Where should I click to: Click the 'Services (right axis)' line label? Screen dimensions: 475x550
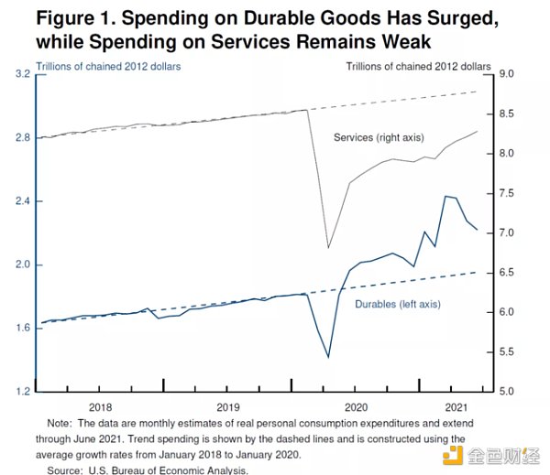point(378,137)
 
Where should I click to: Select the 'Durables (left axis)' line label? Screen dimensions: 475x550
point(399,304)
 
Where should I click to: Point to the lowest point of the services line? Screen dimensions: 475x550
point(328,247)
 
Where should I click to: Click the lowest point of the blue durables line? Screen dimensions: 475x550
point(328,357)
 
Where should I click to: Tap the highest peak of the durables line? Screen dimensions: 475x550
point(445,196)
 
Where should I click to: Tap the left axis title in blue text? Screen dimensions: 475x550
point(108,66)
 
